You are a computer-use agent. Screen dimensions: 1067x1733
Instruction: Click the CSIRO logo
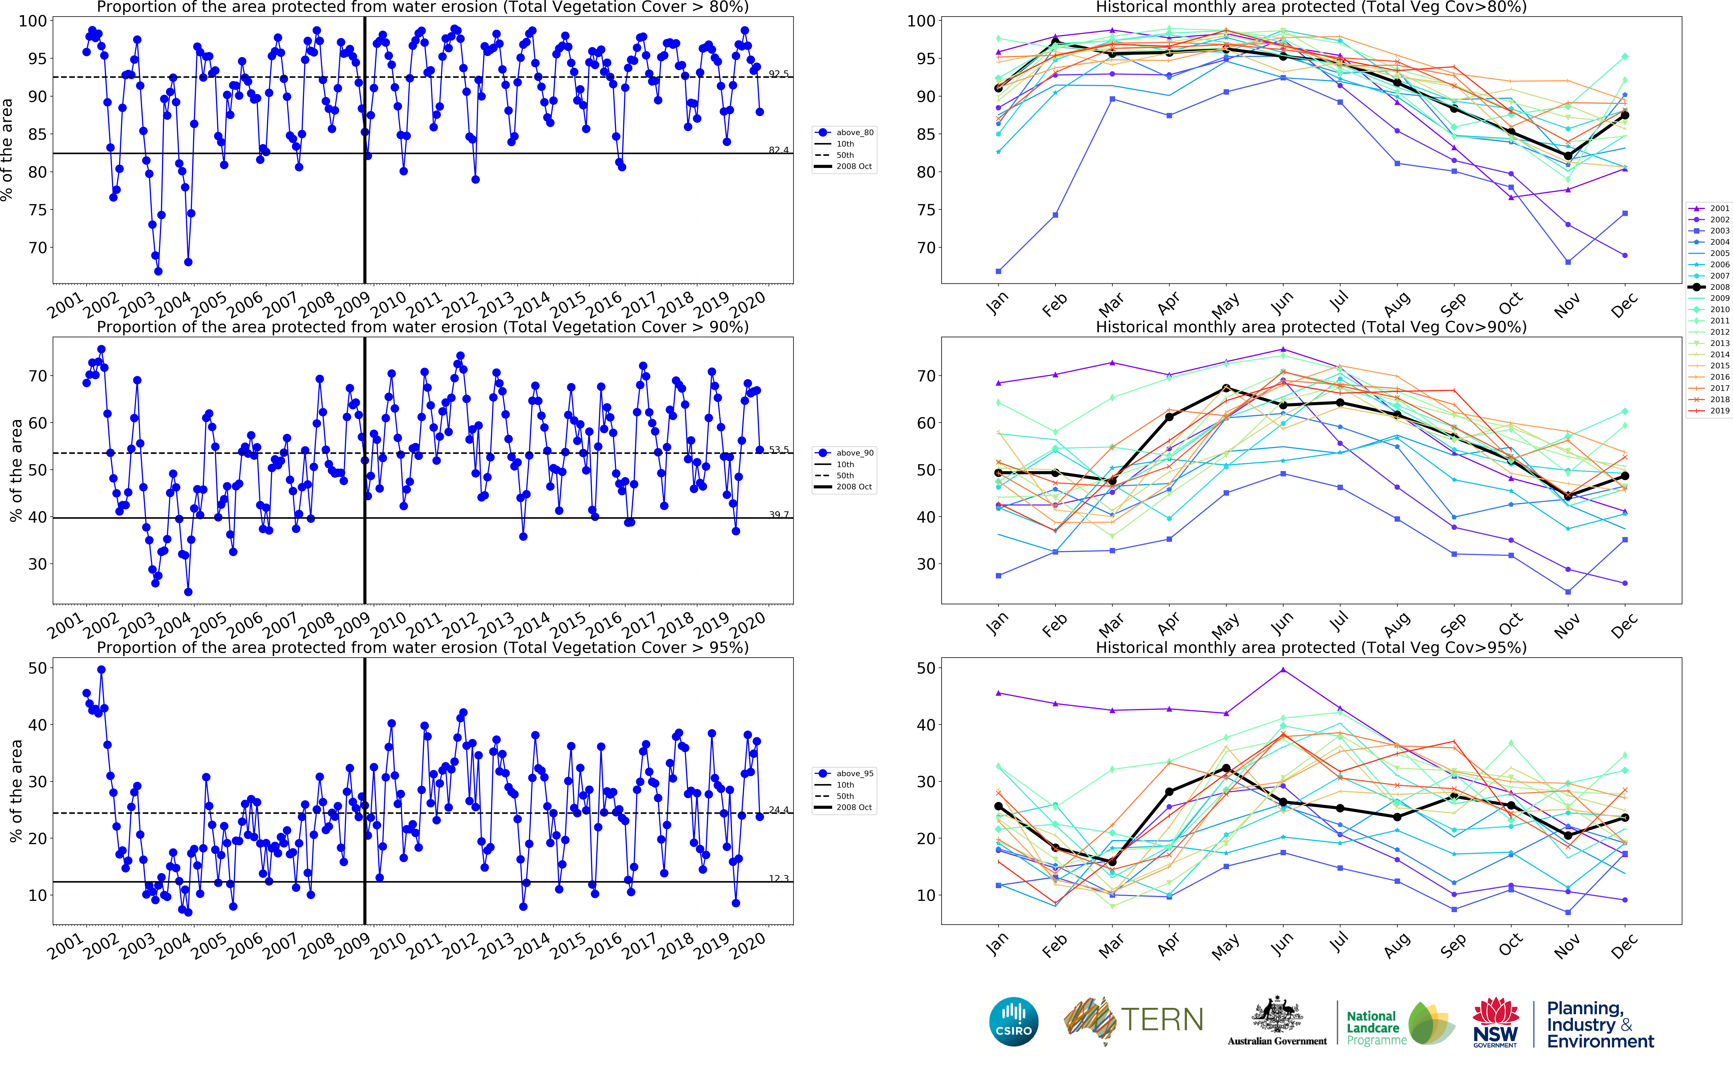(x=1014, y=1021)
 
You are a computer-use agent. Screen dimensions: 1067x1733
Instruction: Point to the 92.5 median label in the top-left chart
(x=779, y=73)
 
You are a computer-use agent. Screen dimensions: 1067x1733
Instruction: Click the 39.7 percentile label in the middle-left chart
(x=779, y=514)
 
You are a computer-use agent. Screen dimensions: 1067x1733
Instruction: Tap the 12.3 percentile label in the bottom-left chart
(x=779, y=879)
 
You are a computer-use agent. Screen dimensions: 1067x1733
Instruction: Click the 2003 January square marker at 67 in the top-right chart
(x=998, y=271)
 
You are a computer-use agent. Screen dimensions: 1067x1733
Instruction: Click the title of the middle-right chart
(x=1311, y=327)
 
